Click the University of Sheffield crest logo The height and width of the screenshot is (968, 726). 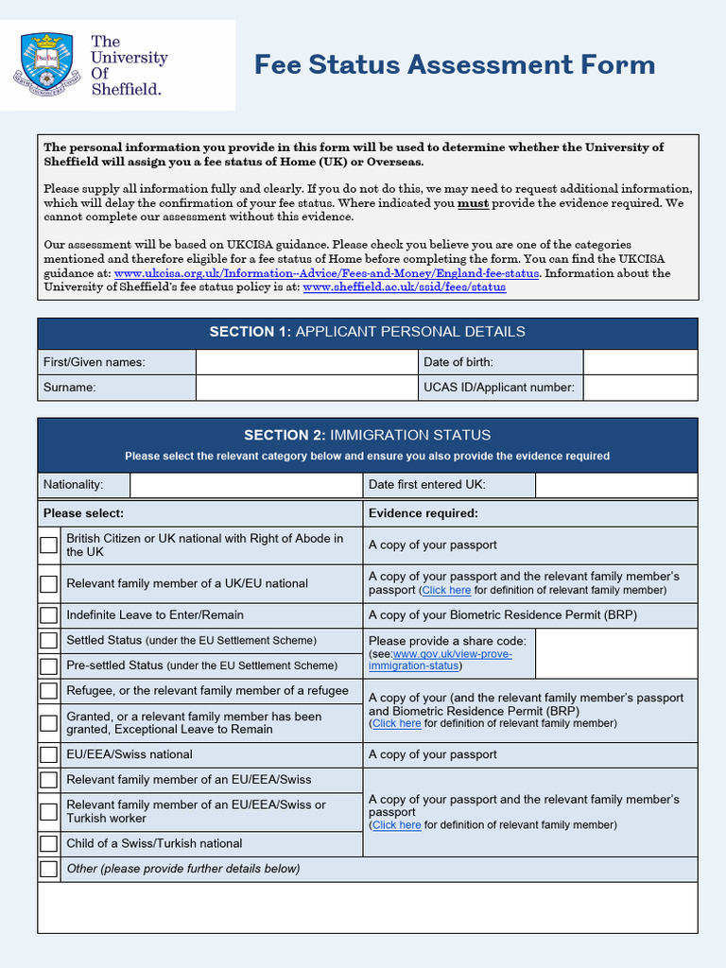pos(47,64)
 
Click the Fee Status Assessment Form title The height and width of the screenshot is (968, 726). pos(455,65)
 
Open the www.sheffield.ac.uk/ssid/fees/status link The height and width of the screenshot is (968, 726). pos(404,287)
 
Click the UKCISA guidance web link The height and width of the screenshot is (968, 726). pos(326,273)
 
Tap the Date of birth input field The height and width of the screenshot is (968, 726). pos(639,362)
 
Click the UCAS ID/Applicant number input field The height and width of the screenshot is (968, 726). pos(639,388)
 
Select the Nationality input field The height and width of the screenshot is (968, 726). pos(246,485)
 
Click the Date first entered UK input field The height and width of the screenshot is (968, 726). pos(615,485)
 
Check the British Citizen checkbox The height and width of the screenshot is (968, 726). pos(48,545)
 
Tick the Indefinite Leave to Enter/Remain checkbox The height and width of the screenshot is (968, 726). pos(48,615)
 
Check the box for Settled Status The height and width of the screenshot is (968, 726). pos(48,641)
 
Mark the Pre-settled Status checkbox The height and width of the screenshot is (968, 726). pos(48,665)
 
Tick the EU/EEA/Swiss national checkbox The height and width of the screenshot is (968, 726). pos(48,755)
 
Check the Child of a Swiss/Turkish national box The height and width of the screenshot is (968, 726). pos(48,844)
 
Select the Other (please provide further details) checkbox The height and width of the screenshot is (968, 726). pos(48,869)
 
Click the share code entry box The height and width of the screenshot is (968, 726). pos(615,653)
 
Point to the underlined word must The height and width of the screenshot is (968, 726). pos(474,203)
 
